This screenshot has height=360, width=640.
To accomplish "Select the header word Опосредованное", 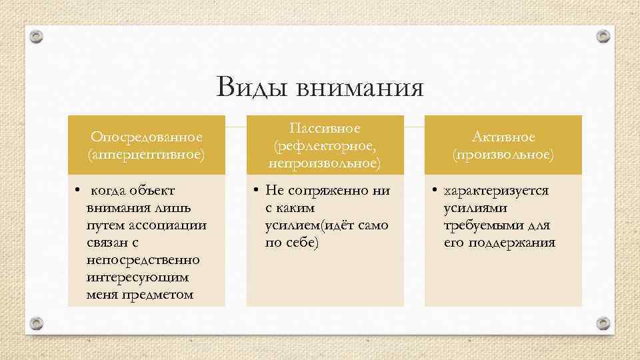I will pos(147,137).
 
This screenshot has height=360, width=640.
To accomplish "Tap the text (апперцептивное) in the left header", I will pos(147,154).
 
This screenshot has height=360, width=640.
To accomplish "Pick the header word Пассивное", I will pos(325,127).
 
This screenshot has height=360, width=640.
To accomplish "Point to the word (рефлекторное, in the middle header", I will pos(325,145).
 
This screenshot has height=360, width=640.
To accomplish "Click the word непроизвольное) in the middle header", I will pos(325,162).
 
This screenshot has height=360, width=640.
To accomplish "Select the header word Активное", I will pos(503,137).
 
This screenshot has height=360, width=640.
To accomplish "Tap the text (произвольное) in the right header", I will pos(503,154).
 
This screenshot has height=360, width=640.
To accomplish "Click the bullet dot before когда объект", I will pos(77,190).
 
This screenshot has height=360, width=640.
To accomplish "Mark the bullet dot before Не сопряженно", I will pos(256,191).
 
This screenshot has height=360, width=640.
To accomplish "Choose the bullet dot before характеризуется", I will pos(434,191).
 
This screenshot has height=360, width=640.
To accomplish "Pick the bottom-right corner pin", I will pos(603,323).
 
